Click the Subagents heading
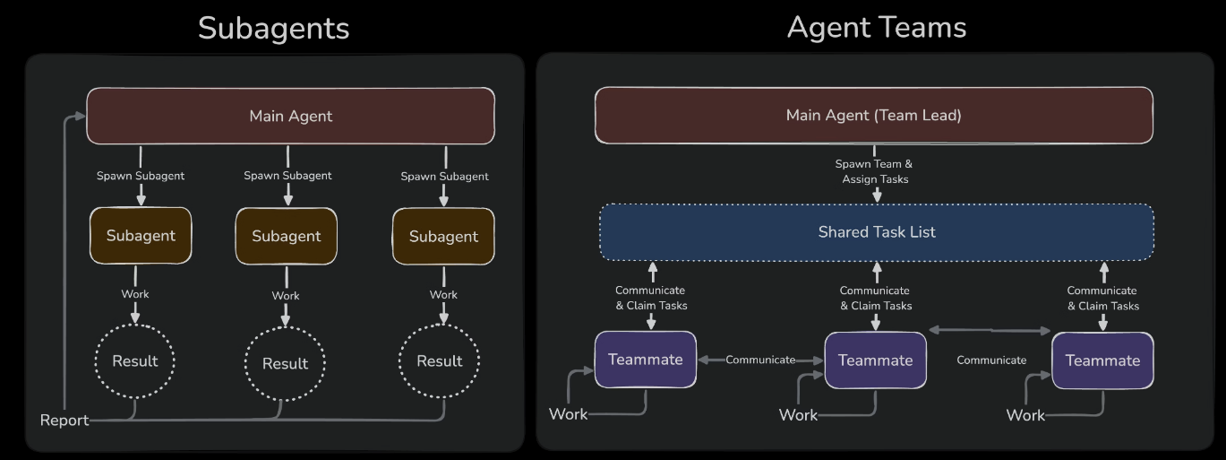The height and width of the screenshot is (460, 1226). point(273,28)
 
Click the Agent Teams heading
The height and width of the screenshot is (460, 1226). point(876,27)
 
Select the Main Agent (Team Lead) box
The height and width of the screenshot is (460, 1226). point(873,115)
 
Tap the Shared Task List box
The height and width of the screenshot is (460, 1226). point(876,232)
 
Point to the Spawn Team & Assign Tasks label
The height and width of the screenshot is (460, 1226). point(874,171)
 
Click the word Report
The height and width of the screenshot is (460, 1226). point(64,420)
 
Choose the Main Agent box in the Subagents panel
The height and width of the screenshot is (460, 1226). point(290,116)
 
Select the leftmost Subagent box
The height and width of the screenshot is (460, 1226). point(141,236)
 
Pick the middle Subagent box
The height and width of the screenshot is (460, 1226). point(286,236)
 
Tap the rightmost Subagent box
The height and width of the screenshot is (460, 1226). point(443,236)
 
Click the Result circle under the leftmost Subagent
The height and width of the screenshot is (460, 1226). point(135,361)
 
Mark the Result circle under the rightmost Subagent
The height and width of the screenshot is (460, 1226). point(440,361)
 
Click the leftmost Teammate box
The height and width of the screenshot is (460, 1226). point(645,360)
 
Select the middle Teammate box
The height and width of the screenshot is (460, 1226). point(875,360)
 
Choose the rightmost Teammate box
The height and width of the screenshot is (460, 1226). point(1102,360)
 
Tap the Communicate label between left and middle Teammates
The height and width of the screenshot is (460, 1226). point(760,360)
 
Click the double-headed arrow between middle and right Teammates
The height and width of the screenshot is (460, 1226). point(990,331)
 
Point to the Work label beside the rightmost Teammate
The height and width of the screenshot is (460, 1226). point(1025,415)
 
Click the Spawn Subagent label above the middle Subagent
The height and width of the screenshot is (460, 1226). point(287,176)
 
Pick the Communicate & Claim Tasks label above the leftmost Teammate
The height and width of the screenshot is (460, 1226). point(651,298)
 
